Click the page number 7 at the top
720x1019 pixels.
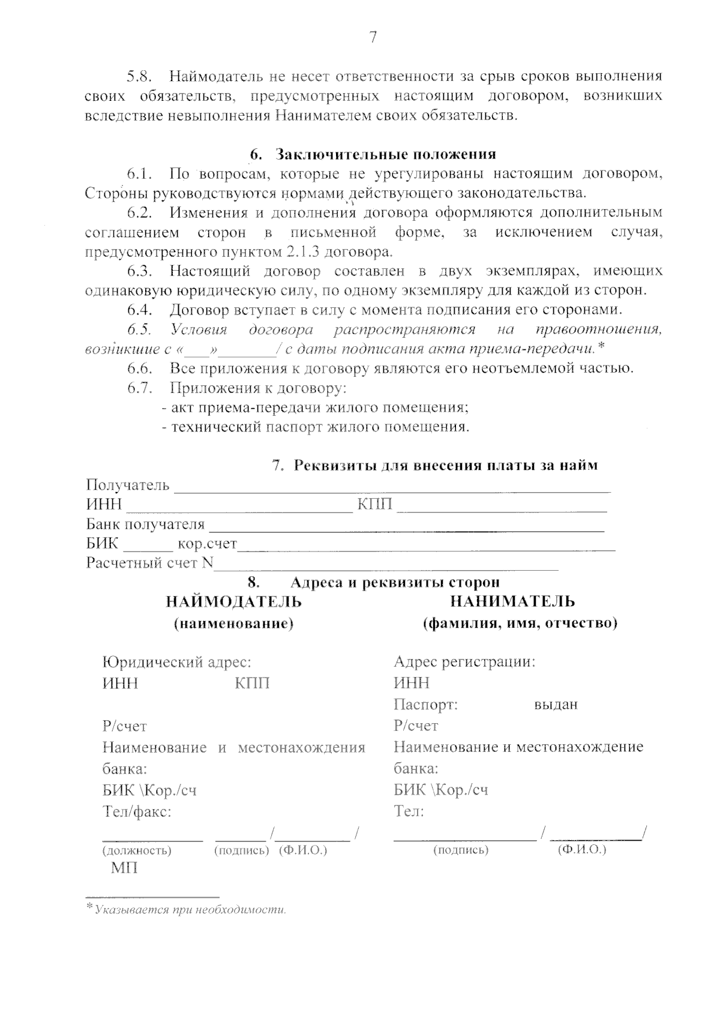(x=373, y=37)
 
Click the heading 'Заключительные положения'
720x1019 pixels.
(x=385, y=154)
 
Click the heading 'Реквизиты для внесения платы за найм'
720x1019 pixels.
(x=445, y=465)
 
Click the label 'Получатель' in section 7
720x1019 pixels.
(x=128, y=485)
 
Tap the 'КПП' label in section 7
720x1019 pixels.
(x=375, y=505)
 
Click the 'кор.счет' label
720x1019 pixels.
(x=208, y=544)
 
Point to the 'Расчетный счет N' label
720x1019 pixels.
(x=149, y=563)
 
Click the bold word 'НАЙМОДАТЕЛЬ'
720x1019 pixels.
(x=234, y=601)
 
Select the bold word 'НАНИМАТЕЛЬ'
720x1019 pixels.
(x=512, y=601)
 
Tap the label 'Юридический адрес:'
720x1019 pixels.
(x=177, y=662)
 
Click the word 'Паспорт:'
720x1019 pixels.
(x=426, y=705)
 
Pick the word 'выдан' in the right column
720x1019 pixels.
(x=556, y=705)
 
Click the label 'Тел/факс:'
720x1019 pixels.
(x=137, y=812)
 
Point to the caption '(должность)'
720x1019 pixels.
(x=137, y=850)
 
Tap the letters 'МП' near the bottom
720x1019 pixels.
(x=124, y=868)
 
